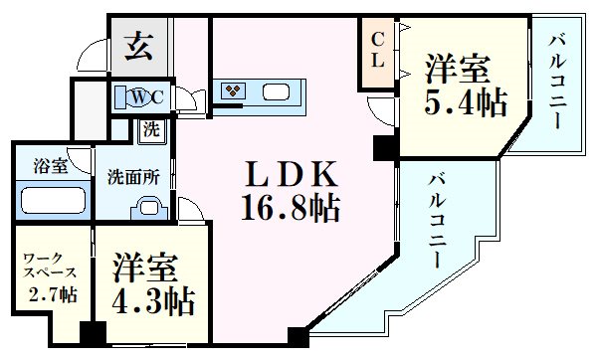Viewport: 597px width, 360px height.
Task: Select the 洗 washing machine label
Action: (x=150, y=129)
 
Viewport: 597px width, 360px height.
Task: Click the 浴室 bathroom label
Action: (x=51, y=166)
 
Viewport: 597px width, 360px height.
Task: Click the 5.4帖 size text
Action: (x=465, y=102)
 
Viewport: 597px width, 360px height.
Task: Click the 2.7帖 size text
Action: (x=53, y=295)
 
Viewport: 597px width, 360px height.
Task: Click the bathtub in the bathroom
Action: (x=52, y=200)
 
